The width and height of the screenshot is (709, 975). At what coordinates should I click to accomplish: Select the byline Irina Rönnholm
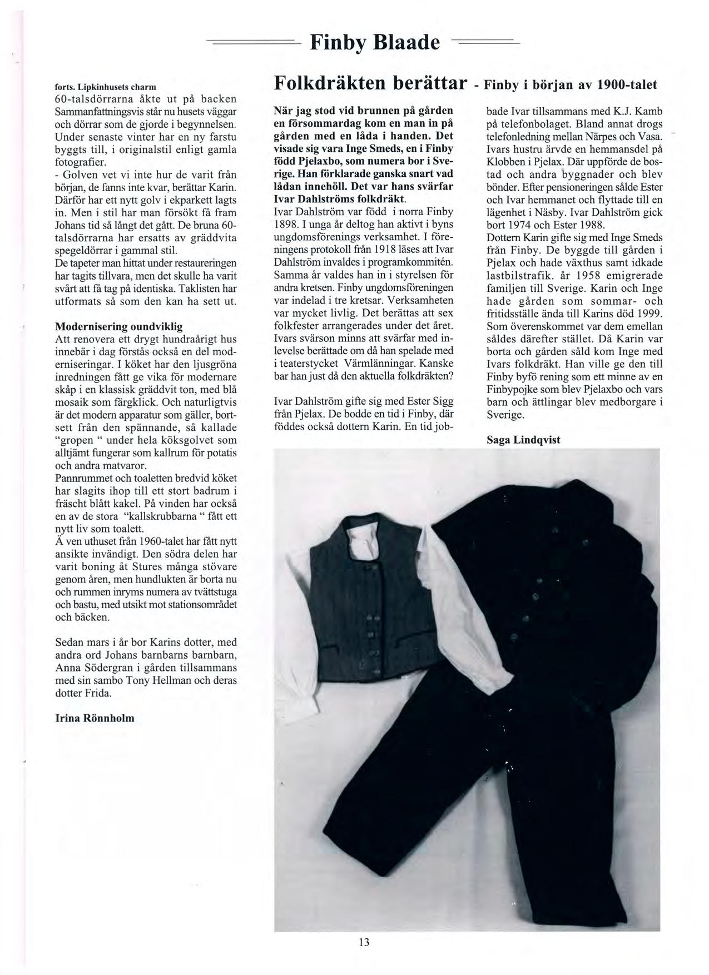coord(95,718)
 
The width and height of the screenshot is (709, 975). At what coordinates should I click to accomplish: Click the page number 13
coord(364,942)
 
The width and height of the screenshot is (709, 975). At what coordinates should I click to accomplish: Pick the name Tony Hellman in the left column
coord(156,680)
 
